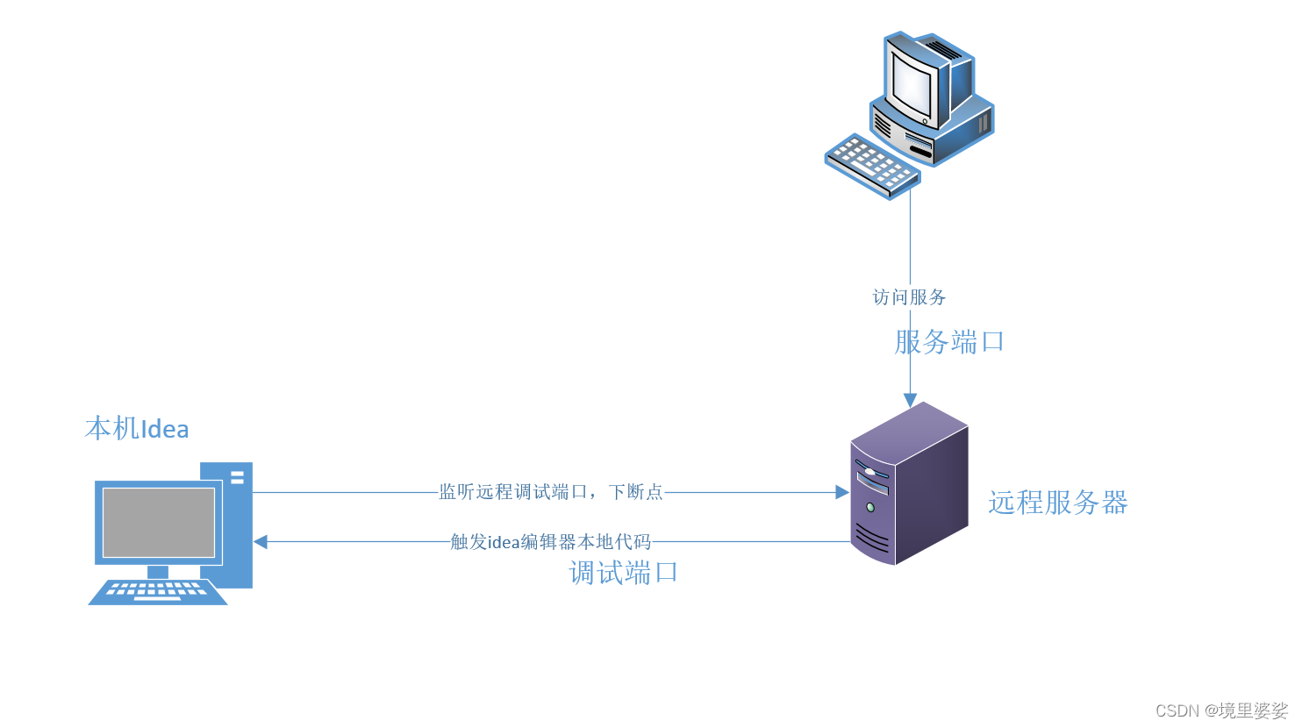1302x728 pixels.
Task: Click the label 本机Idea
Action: point(137,429)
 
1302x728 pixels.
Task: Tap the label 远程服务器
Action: point(1057,503)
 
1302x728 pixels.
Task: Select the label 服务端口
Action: point(949,342)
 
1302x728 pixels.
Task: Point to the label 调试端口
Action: point(623,573)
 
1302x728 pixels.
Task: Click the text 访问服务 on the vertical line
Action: point(909,297)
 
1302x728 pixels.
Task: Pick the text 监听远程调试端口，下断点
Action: point(551,492)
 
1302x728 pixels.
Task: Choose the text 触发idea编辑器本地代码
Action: point(551,542)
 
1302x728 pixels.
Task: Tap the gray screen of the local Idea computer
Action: point(159,522)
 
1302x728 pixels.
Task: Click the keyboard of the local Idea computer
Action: point(158,592)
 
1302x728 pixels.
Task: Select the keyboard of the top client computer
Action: point(871,165)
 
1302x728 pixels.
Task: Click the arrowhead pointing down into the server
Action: point(910,401)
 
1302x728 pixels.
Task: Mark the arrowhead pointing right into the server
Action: point(842,493)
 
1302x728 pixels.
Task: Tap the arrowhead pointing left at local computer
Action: point(261,542)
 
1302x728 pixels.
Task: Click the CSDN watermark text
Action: point(1177,710)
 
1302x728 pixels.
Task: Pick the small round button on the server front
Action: point(869,507)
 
